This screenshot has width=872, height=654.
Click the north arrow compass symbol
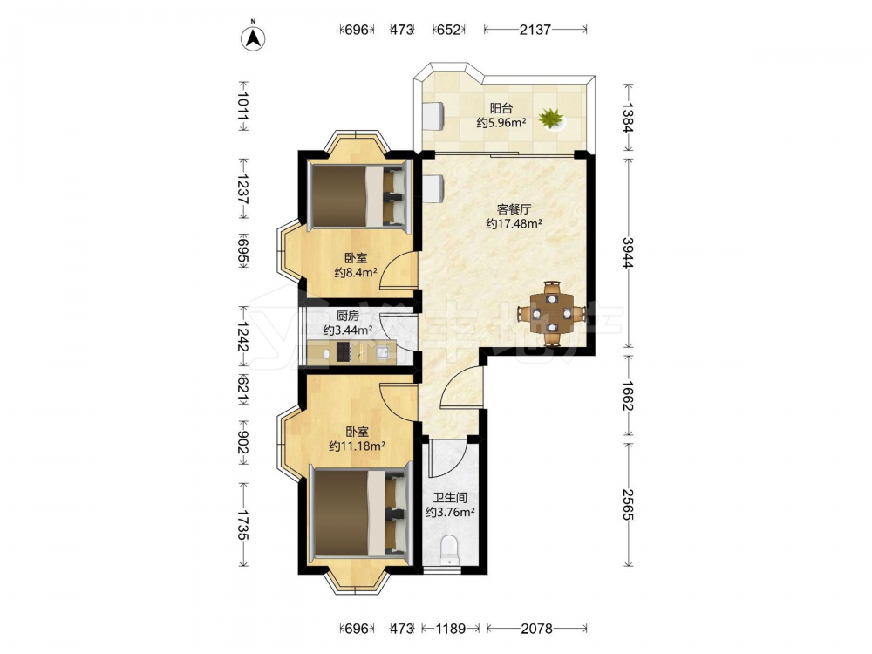[x=253, y=37]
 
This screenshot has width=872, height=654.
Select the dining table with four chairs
[x=551, y=314]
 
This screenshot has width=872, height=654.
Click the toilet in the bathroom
[x=448, y=550]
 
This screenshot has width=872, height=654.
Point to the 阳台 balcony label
[x=501, y=108]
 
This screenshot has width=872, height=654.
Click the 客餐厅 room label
[x=514, y=209]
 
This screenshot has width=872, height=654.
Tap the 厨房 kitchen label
[x=348, y=316]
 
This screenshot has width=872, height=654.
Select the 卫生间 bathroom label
[x=450, y=498]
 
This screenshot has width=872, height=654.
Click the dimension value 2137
[x=535, y=30]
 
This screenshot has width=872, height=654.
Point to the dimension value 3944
[x=628, y=253]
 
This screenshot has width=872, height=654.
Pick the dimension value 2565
[x=628, y=504]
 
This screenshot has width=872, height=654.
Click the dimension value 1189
[x=451, y=629]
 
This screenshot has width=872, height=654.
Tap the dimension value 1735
[x=242, y=524]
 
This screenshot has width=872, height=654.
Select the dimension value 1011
[x=242, y=106]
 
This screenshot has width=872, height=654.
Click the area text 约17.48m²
[x=514, y=223]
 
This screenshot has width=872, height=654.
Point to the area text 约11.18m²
[x=357, y=446]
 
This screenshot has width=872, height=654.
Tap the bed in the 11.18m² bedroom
[x=360, y=512]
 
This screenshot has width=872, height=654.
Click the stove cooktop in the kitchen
[x=344, y=352]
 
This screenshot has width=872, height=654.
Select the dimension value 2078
[x=536, y=629]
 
